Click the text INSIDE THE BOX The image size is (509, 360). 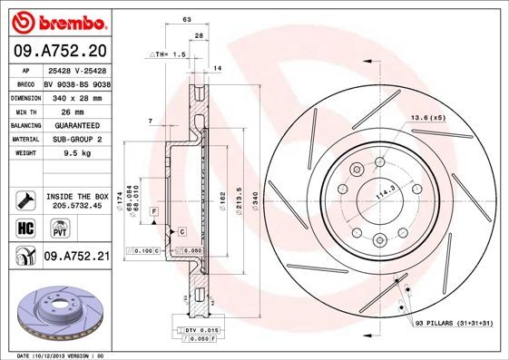[78, 196]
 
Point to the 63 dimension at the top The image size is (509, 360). [187, 18]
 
